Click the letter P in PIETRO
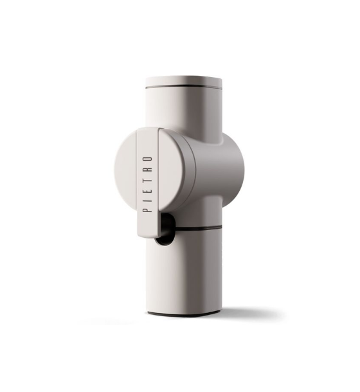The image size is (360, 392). click(x=148, y=209)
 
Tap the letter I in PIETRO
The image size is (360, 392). click(x=148, y=199)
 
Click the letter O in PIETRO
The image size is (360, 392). click(x=148, y=159)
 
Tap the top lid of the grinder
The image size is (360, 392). click(x=183, y=81)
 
